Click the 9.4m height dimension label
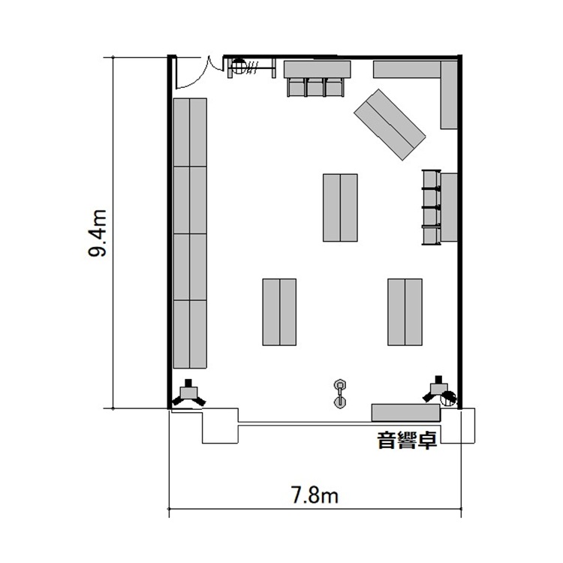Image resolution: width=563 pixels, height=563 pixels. [x=98, y=233]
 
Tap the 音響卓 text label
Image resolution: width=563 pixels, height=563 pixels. [x=407, y=440]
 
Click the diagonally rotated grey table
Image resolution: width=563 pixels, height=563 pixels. [x=390, y=125]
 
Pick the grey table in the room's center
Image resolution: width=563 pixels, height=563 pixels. [x=340, y=207]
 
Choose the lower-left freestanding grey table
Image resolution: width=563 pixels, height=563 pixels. [x=279, y=312]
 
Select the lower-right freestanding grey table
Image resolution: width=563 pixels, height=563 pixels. [x=405, y=312]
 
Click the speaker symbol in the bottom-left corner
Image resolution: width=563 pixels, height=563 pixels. [x=188, y=393]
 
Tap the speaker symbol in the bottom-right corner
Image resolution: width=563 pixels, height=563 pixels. [x=439, y=390]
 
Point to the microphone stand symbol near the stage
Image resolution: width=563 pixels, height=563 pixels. [x=339, y=394]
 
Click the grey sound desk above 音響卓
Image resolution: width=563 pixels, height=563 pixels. [x=405, y=413]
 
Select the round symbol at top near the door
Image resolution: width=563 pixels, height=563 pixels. [x=238, y=66]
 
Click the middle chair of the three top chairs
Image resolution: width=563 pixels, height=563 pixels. [x=315, y=87]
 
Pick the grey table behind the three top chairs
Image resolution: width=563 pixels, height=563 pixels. [x=317, y=69]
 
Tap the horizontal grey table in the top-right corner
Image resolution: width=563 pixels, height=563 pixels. [x=407, y=69]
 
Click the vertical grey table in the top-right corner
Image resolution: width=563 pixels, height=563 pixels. [x=449, y=95]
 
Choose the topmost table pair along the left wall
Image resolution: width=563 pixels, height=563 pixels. [x=190, y=132]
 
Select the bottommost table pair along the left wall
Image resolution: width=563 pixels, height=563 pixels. [x=190, y=334]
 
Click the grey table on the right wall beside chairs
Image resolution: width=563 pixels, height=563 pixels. [x=449, y=207]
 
